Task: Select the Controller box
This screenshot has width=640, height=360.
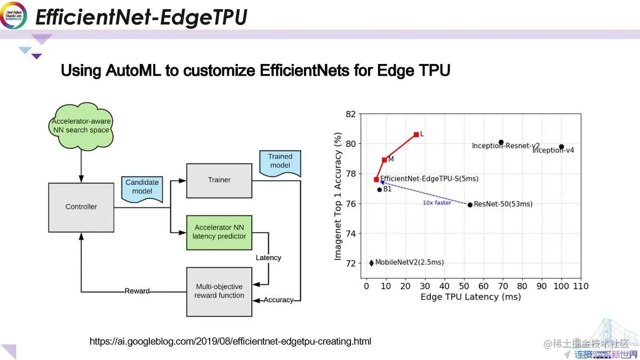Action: pyautogui.click(x=81, y=206)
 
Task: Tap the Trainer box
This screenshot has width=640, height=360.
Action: pyautogui.click(x=219, y=180)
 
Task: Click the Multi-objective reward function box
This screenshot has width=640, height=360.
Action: pyautogui.click(x=219, y=291)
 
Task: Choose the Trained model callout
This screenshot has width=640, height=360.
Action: pyautogui.click(x=280, y=162)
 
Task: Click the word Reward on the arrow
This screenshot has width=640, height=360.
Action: pyautogui.click(x=137, y=291)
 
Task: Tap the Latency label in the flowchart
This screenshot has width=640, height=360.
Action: pyautogui.click(x=268, y=258)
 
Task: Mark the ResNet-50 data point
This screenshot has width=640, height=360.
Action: pyautogui.click(x=470, y=204)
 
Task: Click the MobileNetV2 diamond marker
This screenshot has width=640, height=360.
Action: pyautogui.click(x=372, y=262)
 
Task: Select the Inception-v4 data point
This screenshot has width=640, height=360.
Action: pyautogui.click(x=562, y=147)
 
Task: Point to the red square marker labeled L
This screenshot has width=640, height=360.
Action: pyautogui.click(x=416, y=134)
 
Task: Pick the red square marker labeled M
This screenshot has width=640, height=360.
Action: pyautogui.click(x=384, y=159)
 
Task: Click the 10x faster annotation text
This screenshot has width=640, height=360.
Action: pyautogui.click(x=437, y=203)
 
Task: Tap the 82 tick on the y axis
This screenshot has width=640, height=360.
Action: pyautogui.click(x=350, y=114)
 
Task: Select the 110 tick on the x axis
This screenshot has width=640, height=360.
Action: pyautogui.click(x=581, y=286)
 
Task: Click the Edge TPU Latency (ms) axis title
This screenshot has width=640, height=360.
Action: pyautogui.click(x=470, y=297)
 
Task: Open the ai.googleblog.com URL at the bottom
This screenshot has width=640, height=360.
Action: pyautogui.click(x=230, y=341)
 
